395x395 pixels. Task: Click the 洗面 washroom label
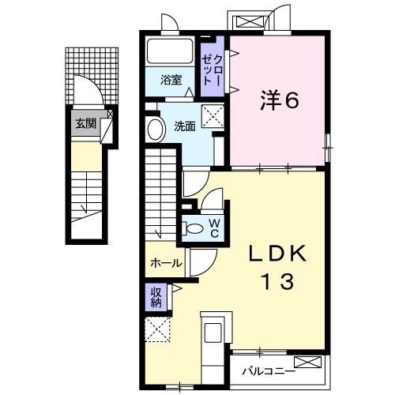coord(184,126)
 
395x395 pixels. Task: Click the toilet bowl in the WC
coord(192,228)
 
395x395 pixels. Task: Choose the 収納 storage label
coord(156,298)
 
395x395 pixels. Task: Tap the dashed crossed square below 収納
coord(157,329)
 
